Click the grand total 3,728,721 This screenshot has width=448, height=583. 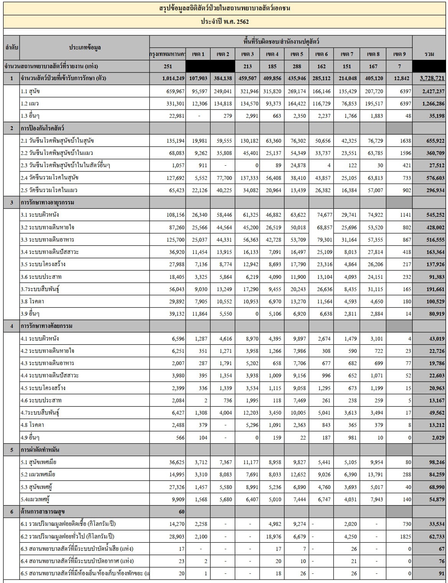[x=432, y=78]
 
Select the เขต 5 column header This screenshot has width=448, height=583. [x=297, y=54]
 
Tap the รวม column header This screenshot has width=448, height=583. [x=429, y=54]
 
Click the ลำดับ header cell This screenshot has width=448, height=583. [x=12, y=48]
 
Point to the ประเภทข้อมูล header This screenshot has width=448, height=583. [x=85, y=48]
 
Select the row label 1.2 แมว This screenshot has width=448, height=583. [x=30, y=104]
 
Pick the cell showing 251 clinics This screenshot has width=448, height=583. [x=168, y=66]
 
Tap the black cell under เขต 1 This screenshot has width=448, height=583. [x=198, y=66]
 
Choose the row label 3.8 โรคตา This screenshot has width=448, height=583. [x=32, y=301]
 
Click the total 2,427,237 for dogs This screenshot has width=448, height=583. [x=432, y=91]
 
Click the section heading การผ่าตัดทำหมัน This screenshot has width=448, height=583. [x=40, y=450]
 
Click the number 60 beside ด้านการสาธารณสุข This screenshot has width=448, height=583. [x=181, y=512]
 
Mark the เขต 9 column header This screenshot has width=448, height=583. [x=399, y=54]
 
